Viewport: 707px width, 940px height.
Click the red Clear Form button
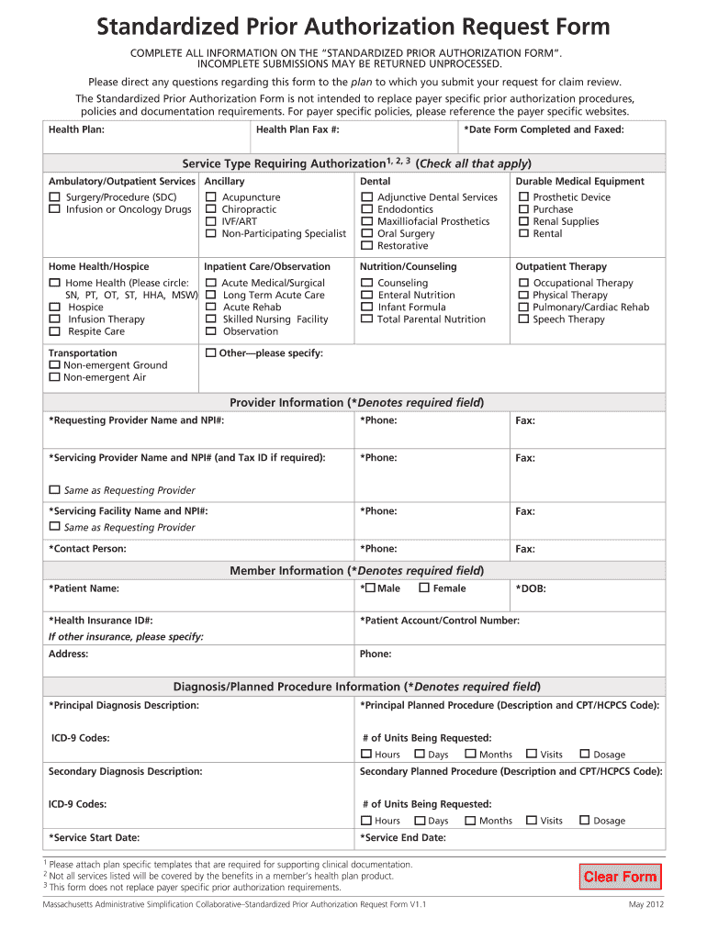tap(620, 877)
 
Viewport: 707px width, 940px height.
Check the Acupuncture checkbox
tap(211, 197)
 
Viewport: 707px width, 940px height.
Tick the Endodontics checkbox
tap(366, 209)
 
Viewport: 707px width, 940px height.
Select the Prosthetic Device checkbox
tap(523, 197)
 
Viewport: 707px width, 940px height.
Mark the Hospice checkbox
tap(54, 308)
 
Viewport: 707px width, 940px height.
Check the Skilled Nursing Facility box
tap(211, 319)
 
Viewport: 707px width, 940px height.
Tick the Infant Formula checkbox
tap(366, 308)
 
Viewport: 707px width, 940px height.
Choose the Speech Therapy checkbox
tap(523, 319)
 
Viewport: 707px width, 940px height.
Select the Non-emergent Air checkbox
tap(54, 377)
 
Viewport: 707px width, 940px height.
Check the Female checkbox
tap(424, 588)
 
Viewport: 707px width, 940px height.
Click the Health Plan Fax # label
tap(297, 129)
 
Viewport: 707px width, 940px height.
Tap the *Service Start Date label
tap(94, 837)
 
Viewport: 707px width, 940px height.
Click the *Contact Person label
tap(87, 549)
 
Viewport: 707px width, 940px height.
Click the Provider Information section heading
tap(356, 403)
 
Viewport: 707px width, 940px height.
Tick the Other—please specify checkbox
tap(211, 353)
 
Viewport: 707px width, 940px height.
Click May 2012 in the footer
tap(645, 905)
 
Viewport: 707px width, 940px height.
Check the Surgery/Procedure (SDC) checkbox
tap(54, 197)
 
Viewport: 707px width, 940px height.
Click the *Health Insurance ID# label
tap(100, 621)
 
